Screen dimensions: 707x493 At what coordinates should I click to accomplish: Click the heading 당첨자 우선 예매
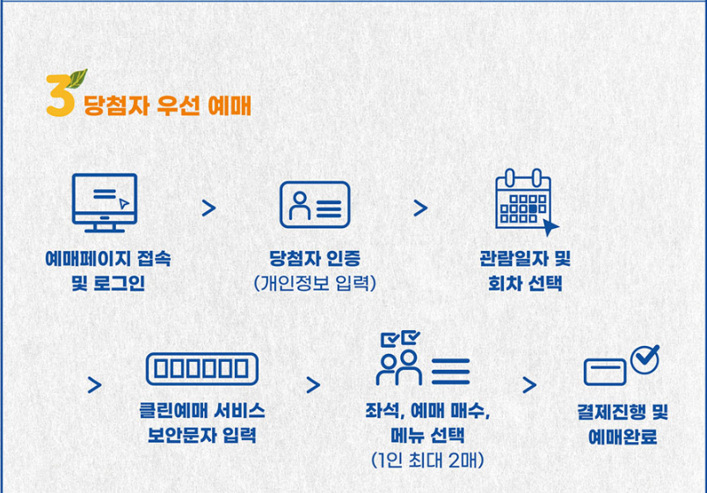167,107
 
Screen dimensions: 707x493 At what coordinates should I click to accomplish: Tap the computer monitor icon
104,203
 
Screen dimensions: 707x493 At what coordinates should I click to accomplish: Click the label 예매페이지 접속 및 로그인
107,271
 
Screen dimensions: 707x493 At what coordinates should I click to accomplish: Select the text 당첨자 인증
315,260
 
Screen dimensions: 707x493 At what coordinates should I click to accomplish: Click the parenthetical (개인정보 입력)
315,283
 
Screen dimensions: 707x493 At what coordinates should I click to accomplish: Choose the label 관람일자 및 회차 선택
525,271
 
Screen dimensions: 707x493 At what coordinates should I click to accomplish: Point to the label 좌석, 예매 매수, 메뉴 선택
427,423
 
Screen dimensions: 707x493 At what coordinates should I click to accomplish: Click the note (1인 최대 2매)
427,460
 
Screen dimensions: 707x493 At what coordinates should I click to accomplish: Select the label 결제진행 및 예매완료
623,423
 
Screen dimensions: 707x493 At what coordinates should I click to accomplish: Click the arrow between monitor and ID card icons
208,208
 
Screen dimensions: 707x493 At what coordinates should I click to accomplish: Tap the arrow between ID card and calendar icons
420,208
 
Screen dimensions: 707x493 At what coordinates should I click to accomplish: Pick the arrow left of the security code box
95,385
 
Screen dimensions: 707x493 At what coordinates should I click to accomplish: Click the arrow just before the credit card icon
528,385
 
